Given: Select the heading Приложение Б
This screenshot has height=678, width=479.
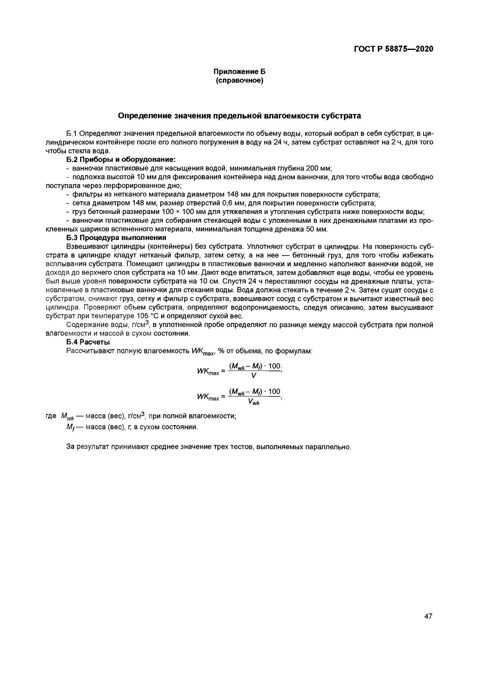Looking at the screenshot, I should pyautogui.click(x=239, y=72).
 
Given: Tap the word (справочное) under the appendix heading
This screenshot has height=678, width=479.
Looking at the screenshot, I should pyautogui.click(x=239, y=81).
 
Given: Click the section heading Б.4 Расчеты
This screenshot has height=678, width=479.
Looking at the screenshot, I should pyautogui.click(x=88, y=342).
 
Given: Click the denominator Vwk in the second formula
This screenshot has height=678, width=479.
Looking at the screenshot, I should pyautogui.click(x=254, y=402).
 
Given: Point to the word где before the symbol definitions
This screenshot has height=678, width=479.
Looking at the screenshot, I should pyautogui.click(x=51, y=416).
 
